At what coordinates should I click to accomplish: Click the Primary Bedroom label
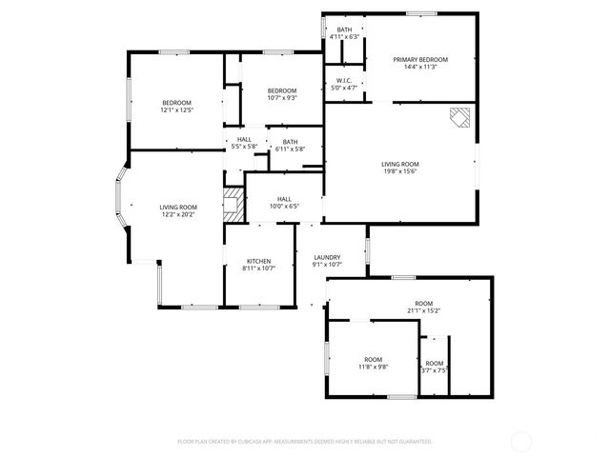click(x=420, y=59)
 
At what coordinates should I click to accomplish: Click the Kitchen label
click(x=259, y=261)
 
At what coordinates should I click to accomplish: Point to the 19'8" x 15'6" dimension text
click(x=400, y=171)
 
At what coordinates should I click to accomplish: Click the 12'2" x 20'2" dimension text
click(x=178, y=215)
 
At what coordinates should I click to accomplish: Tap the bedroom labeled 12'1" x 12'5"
click(x=176, y=103)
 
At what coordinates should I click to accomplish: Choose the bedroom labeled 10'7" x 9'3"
click(x=282, y=90)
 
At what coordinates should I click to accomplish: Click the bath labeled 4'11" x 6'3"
click(x=344, y=30)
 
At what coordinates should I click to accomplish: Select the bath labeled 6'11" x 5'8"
click(x=290, y=142)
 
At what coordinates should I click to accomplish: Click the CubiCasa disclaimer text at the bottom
click(x=305, y=442)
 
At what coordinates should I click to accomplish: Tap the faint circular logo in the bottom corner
click(x=521, y=441)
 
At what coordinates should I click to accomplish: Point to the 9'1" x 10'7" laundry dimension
click(x=327, y=265)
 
